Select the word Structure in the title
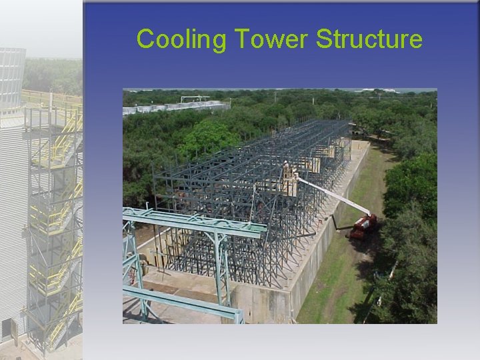(x=369, y=39)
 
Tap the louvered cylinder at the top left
(x=11, y=77)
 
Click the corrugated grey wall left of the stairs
(x=12, y=220)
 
